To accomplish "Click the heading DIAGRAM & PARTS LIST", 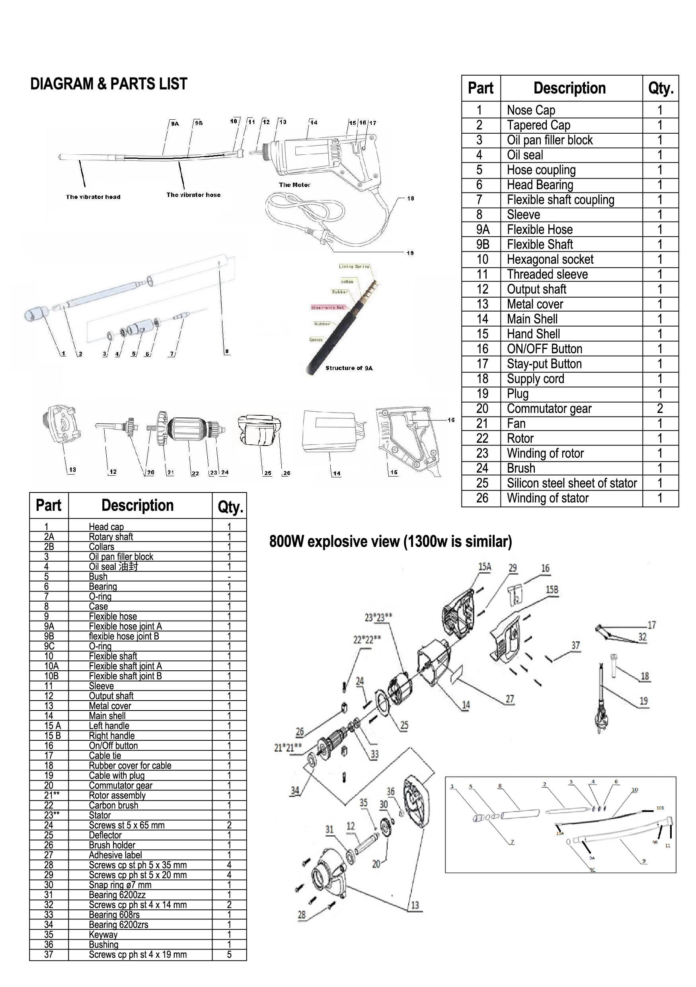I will [x=108, y=84].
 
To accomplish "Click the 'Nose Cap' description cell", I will [x=531, y=110].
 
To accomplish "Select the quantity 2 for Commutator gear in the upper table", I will [x=659, y=409].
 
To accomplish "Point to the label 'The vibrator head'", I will [x=93, y=197].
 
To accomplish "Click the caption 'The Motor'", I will [x=294, y=185].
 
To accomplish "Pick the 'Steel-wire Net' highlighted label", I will [x=328, y=308].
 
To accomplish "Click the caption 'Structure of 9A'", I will [x=349, y=368].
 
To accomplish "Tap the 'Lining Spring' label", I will [x=354, y=267].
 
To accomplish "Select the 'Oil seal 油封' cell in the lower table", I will [x=113, y=567].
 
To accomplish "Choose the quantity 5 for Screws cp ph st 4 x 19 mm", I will [x=229, y=954].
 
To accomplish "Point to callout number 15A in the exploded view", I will [x=484, y=567].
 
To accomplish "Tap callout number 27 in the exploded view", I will [x=509, y=699].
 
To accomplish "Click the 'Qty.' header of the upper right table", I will [x=660, y=89].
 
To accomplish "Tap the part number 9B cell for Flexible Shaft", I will [x=482, y=244].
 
